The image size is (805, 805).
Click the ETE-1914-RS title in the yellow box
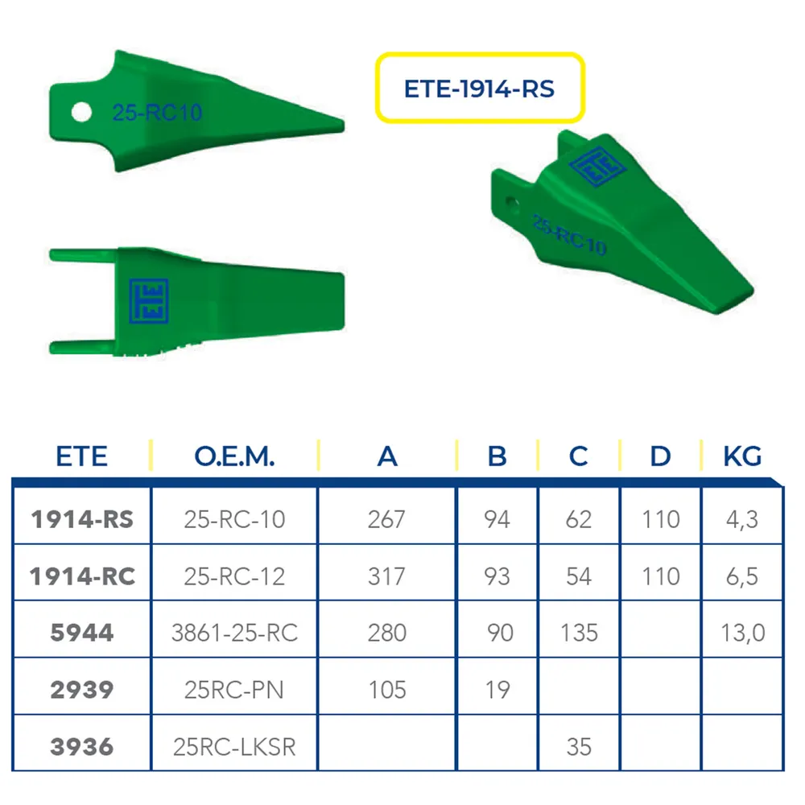(479, 89)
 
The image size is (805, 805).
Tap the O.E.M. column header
(234, 456)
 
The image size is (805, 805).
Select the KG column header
(742, 456)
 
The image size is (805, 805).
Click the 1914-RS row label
(82, 519)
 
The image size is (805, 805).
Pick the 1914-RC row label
(82, 576)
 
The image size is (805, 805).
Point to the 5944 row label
(81, 633)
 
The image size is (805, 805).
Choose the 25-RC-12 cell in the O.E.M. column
(234, 576)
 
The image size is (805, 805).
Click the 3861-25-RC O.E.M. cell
(234, 633)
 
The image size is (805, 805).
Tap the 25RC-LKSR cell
(234, 746)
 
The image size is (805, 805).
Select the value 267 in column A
(386, 519)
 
